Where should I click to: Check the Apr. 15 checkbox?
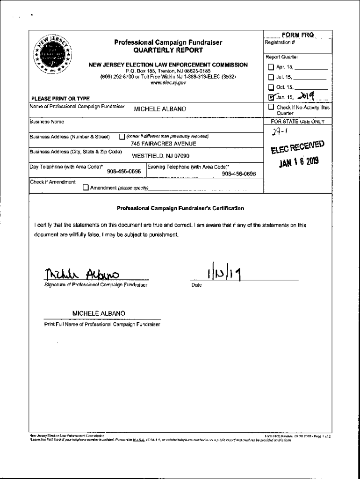click(271, 67)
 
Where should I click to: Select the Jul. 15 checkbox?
click(271, 77)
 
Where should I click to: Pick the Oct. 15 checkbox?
click(271, 87)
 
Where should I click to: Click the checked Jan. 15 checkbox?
click(271, 97)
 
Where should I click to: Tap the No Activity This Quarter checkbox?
click(271, 107)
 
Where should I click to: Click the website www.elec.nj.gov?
click(168, 82)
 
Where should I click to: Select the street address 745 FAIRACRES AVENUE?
click(163, 144)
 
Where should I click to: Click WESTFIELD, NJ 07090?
click(161, 156)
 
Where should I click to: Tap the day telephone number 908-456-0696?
click(124, 172)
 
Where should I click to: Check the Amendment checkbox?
click(86, 188)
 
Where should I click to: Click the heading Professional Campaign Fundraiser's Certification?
click(180, 208)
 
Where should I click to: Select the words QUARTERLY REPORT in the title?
click(168, 50)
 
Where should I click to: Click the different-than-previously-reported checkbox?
click(122, 137)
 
